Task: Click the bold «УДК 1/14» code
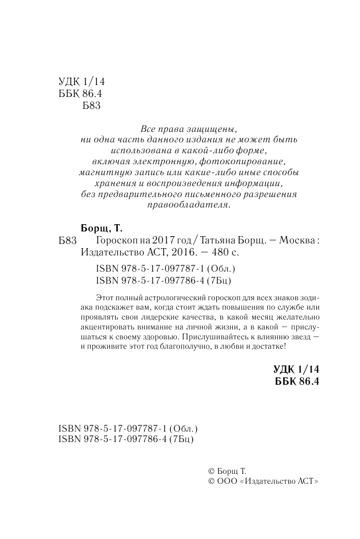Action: (295, 369)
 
